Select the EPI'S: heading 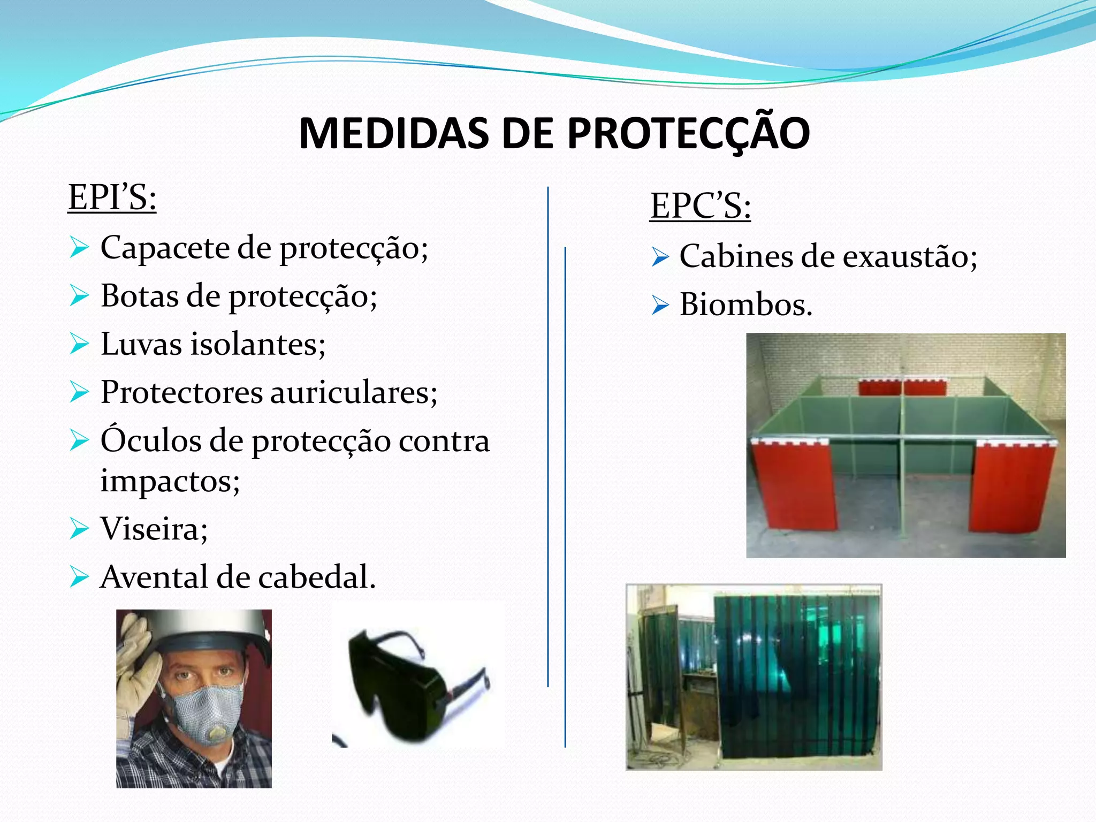tap(112, 197)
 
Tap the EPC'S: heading tap(700, 205)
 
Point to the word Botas tap(139, 296)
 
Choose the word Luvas tap(141, 344)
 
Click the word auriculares tap(353, 392)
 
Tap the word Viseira tap(150, 529)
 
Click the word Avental tap(153, 577)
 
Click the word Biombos tap(745, 305)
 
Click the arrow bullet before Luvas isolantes tap(79, 344)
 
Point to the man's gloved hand tap(136, 664)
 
